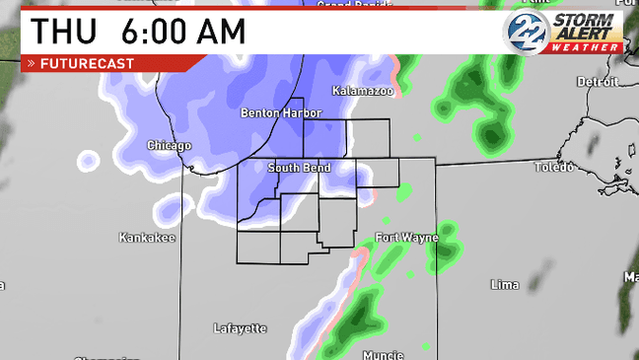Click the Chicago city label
click(x=169, y=145)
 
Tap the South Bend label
click(x=299, y=168)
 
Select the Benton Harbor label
click(x=281, y=113)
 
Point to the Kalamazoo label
click(x=363, y=91)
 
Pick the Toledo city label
click(x=553, y=167)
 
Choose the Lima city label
click(x=504, y=284)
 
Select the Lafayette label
click(x=240, y=327)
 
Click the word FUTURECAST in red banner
click(x=87, y=63)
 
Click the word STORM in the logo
click(x=586, y=20)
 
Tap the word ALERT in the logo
click(x=586, y=34)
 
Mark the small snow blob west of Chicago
click(x=89, y=160)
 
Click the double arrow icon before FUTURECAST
click(x=32, y=63)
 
